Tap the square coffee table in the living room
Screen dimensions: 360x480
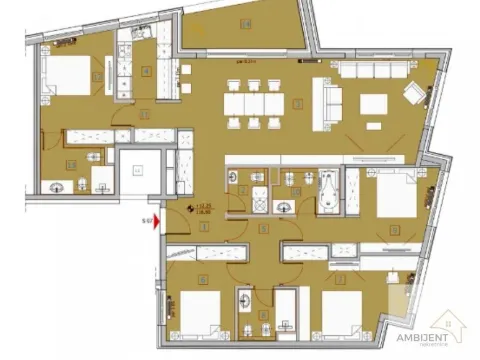pyautogui.click(x=375, y=103)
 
